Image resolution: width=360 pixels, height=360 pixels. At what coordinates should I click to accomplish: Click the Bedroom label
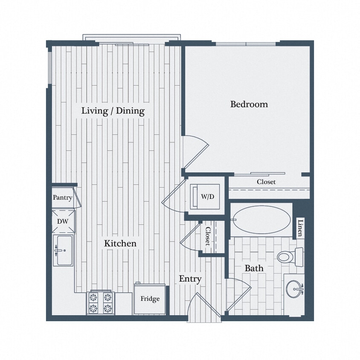[249, 104]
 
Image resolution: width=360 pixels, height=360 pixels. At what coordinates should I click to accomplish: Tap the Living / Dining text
[113, 111]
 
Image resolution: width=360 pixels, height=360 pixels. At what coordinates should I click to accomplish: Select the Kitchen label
[121, 244]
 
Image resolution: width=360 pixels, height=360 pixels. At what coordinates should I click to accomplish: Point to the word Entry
[190, 279]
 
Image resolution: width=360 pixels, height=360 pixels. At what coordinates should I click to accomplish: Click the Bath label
[253, 268]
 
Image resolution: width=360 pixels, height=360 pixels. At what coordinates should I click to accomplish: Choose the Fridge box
[150, 299]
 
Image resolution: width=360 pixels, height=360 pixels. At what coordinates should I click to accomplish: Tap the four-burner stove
[101, 302]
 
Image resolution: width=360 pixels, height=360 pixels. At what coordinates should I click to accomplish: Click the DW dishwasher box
[62, 222]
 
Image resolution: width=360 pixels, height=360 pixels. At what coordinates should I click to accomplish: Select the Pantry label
[62, 198]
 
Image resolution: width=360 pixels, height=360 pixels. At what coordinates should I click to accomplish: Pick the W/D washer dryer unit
[205, 197]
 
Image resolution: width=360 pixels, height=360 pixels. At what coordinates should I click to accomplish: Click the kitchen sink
[63, 251]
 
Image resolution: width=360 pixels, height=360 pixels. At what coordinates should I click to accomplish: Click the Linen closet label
[300, 228]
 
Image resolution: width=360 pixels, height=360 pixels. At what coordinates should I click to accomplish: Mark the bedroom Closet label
[266, 182]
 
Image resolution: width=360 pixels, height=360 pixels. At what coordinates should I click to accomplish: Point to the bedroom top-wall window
[247, 44]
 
